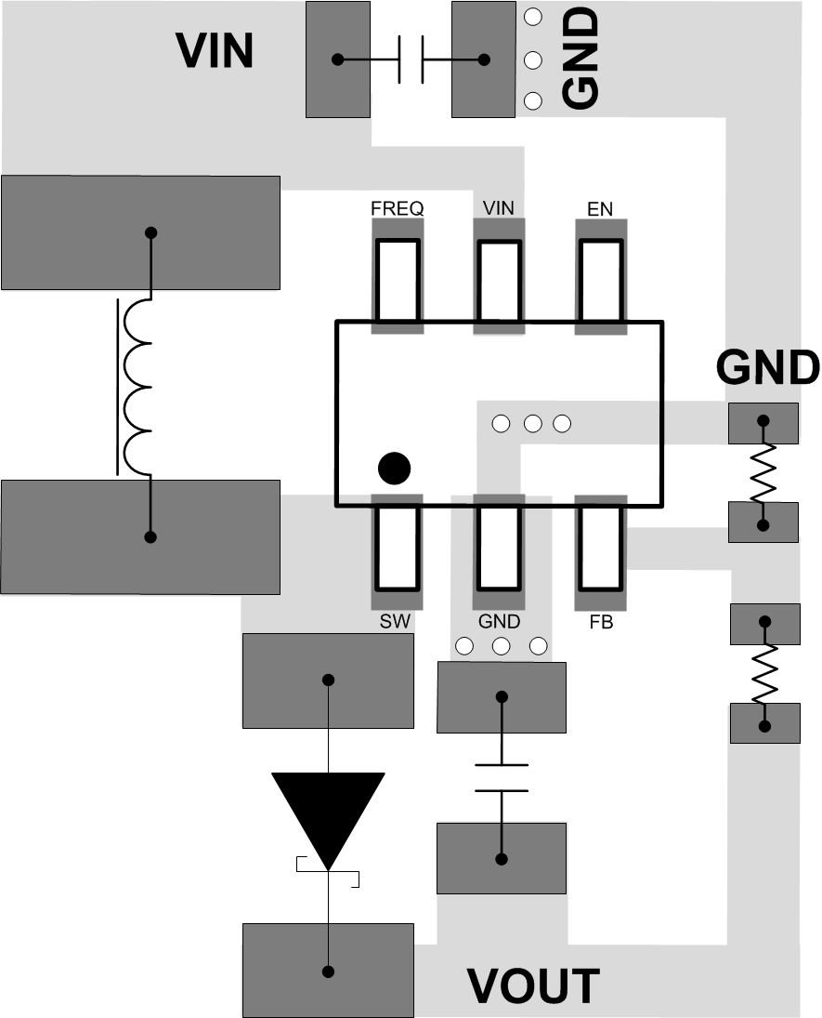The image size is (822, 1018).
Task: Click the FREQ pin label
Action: [x=397, y=208]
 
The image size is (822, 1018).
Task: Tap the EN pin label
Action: [x=600, y=208]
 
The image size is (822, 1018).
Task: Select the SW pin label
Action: [x=396, y=622]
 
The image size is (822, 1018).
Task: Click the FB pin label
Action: [x=601, y=622]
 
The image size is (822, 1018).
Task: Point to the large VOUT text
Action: [x=532, y=986]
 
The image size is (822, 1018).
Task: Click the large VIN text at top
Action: [x=215, y=51]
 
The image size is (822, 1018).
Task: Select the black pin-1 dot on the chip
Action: [x=395, y=469]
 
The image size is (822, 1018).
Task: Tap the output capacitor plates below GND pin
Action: [x=502, y=778]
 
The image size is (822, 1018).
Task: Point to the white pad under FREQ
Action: [x=398, y=280]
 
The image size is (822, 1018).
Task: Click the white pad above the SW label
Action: [x=398, y=548]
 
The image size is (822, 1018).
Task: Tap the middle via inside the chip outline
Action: [x=532, y=424]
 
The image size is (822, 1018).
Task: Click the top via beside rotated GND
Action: [x=533, y=18]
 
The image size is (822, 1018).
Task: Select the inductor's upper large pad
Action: [x=140, y=232]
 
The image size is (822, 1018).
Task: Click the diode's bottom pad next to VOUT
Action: [x=328, y=970]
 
